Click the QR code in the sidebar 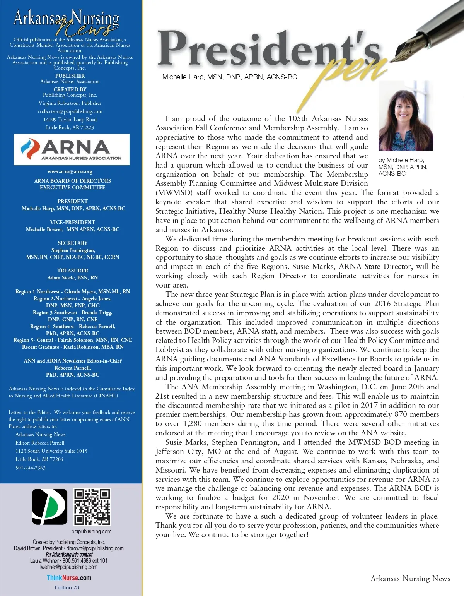click(92, 507)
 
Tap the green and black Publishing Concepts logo click(49, 506)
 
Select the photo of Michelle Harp click(406, 116)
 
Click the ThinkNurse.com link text click(69, 578)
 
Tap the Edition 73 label click(67, 587)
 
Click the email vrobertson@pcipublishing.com click(70, 111)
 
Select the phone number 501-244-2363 click(31, 468)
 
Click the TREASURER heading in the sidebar click(73, 271)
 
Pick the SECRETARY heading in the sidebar click(73, 243)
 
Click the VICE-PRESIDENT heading click(73, 222)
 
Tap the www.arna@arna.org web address click(70, 171)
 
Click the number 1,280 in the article click(192, 424)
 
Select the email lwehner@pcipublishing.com click(69, 567)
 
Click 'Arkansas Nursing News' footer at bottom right click(410, 579)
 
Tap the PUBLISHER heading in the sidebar click(70, 76)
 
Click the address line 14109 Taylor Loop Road click(70, 120)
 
